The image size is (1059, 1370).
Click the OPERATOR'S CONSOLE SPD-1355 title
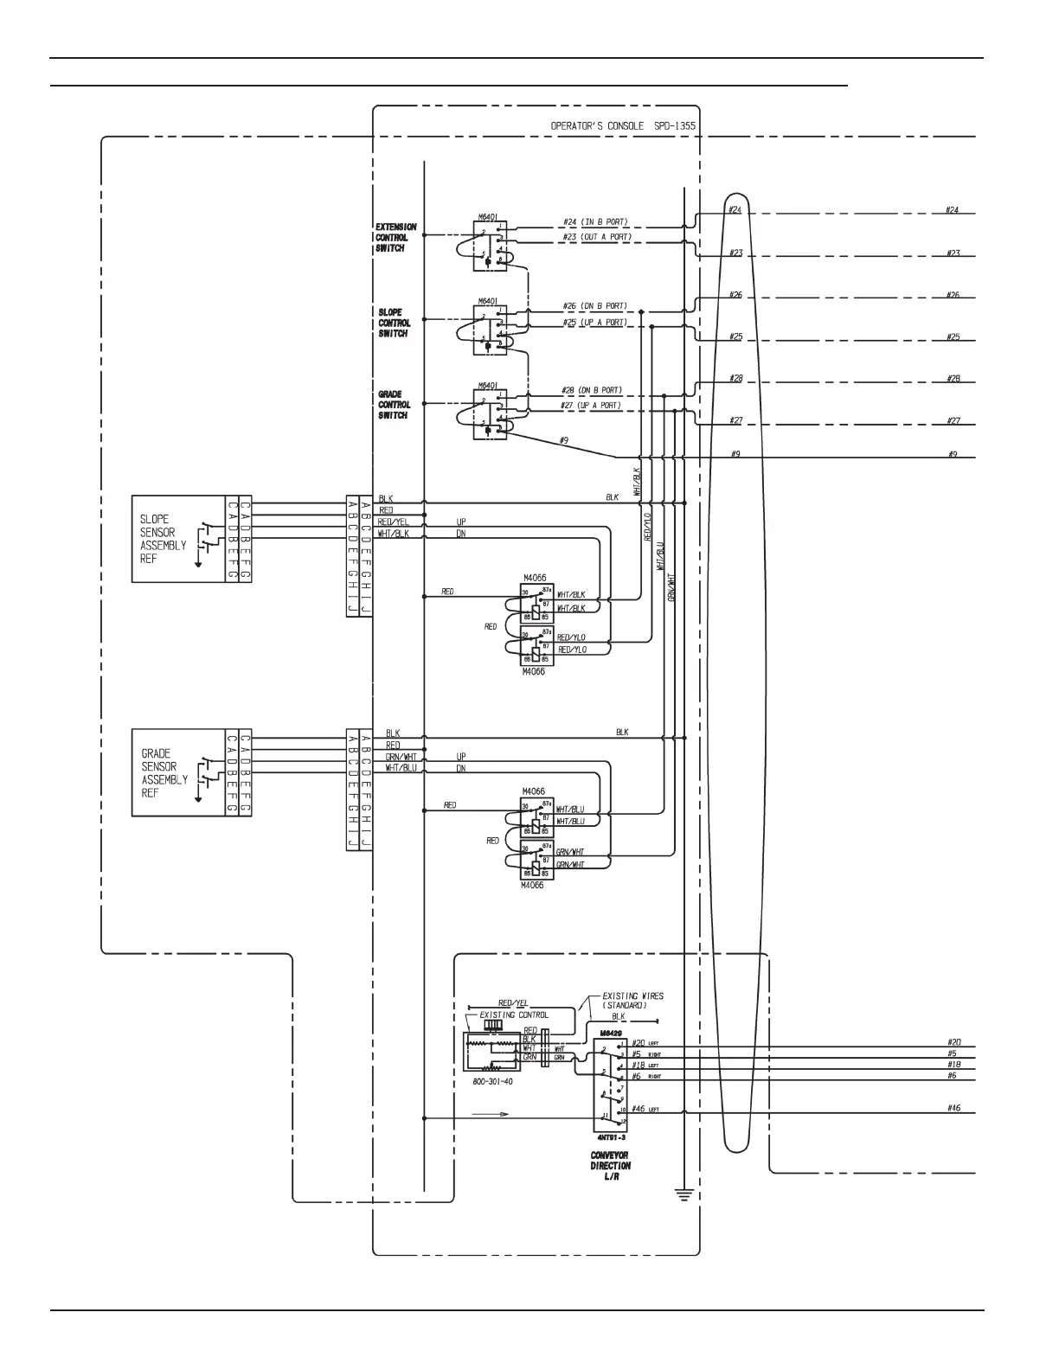click(623, 126)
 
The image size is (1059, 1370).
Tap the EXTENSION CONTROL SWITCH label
click(395, 238)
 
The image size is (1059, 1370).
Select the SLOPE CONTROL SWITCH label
click(394, 323)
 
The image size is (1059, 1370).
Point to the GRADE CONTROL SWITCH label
click(394, 405)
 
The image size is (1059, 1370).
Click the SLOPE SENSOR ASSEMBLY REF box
click(177, 538)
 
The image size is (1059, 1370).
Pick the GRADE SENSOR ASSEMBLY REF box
click(177, 772)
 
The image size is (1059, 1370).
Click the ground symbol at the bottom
click(684, 1197)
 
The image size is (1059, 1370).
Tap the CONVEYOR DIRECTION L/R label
click(611, 1166)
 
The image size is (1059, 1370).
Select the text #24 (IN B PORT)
click(595, 222)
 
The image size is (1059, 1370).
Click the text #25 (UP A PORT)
click(594, 323)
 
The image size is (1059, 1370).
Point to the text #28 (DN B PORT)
click(592, 391)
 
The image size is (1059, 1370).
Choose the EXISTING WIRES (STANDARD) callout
click(632, 1001)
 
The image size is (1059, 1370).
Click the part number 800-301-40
click(492, 1082)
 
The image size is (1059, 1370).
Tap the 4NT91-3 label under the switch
click(610, 1137)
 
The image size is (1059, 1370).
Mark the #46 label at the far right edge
click(953, 1108)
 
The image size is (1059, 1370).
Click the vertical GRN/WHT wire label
click(672, 587)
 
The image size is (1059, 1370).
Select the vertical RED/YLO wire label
click(648, 527)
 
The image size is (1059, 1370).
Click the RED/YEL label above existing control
click(513, 1002)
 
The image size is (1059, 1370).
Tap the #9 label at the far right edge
click(953, 454)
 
